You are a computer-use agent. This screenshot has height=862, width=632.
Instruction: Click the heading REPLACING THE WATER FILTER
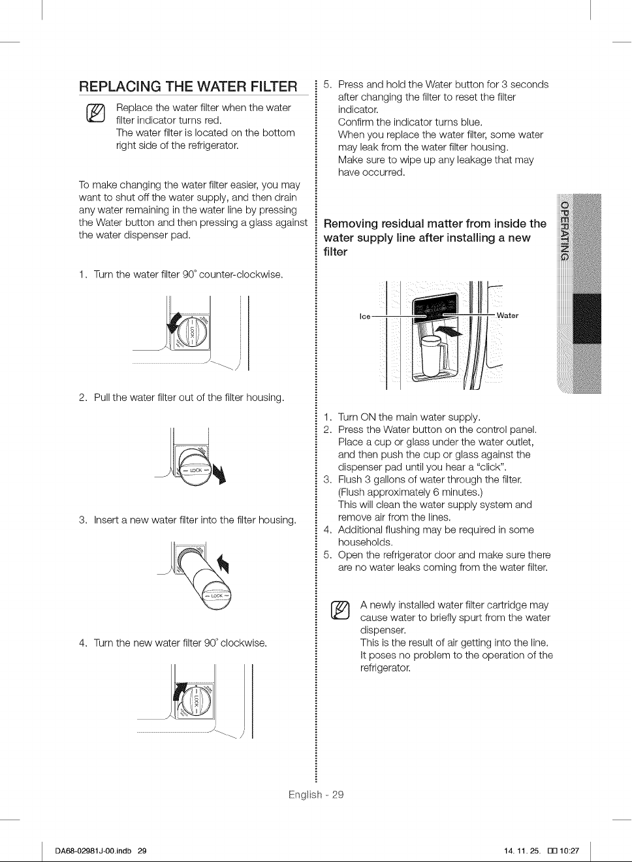188,86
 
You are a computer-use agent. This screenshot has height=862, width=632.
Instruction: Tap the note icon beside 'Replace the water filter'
96,113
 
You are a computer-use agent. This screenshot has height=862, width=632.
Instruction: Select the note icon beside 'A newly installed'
340,611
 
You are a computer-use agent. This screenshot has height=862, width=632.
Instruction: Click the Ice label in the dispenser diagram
365,316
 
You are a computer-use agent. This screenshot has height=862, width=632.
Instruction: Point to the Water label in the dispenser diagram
507,315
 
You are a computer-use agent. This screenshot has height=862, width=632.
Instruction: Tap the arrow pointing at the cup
448,331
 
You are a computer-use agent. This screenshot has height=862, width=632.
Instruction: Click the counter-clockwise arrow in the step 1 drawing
174,323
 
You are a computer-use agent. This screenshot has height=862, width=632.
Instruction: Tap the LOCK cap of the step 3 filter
216,596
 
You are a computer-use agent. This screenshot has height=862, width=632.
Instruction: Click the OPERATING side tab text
564,231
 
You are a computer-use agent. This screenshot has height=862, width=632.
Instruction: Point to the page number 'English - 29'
316,795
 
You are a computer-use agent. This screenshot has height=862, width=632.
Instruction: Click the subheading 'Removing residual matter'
435,238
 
